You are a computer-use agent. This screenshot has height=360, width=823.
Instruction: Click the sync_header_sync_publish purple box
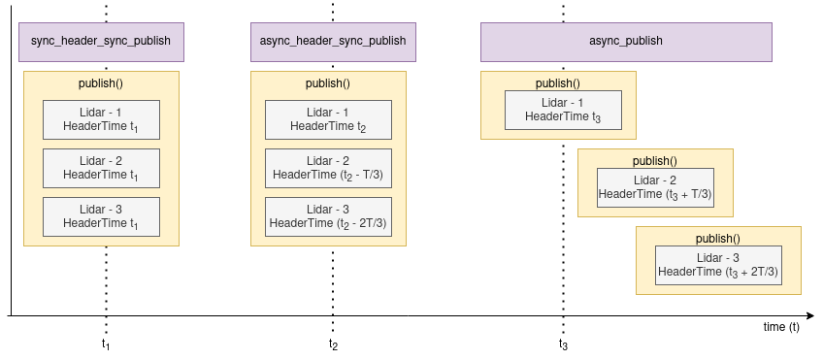(x=101, y=42)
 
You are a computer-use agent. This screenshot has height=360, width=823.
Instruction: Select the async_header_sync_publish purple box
(x=333, y=42)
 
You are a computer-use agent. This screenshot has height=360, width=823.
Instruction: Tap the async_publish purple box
(x=626, y=42)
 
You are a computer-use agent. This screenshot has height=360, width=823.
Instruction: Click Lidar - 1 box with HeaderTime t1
(x=101, y=119)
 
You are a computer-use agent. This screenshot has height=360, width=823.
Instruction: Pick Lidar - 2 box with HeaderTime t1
(x=101, y=167)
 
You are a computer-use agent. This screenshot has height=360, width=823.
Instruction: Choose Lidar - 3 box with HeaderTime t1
(x=101, y=215)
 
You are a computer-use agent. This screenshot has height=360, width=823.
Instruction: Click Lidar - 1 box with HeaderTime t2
(x=328, y=119)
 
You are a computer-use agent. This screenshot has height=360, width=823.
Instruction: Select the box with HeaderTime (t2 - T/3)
(x=328, y=167)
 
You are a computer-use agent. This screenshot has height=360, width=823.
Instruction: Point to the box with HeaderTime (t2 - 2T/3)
(x=328, y=215)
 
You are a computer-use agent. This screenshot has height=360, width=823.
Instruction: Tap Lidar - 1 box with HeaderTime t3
(x=558, y=110)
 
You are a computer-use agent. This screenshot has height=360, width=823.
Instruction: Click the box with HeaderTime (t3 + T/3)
(x=655, y=187)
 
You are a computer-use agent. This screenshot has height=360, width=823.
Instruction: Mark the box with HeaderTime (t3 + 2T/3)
(x=718, y=265)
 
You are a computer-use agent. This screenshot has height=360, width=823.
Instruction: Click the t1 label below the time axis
(x=106, y=344)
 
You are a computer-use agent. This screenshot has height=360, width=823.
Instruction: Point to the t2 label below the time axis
(x=333, y=344)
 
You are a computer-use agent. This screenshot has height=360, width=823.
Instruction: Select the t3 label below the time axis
(x=563, y=344)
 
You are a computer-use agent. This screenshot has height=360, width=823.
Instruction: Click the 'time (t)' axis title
(x=780, y=327)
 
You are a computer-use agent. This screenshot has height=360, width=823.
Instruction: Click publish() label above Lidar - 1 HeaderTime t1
(x=101, y=83)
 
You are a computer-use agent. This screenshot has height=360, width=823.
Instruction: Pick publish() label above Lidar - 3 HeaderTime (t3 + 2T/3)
(x=718, y=239)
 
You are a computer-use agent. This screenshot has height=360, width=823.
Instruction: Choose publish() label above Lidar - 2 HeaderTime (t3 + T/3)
(x=655, y=161)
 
